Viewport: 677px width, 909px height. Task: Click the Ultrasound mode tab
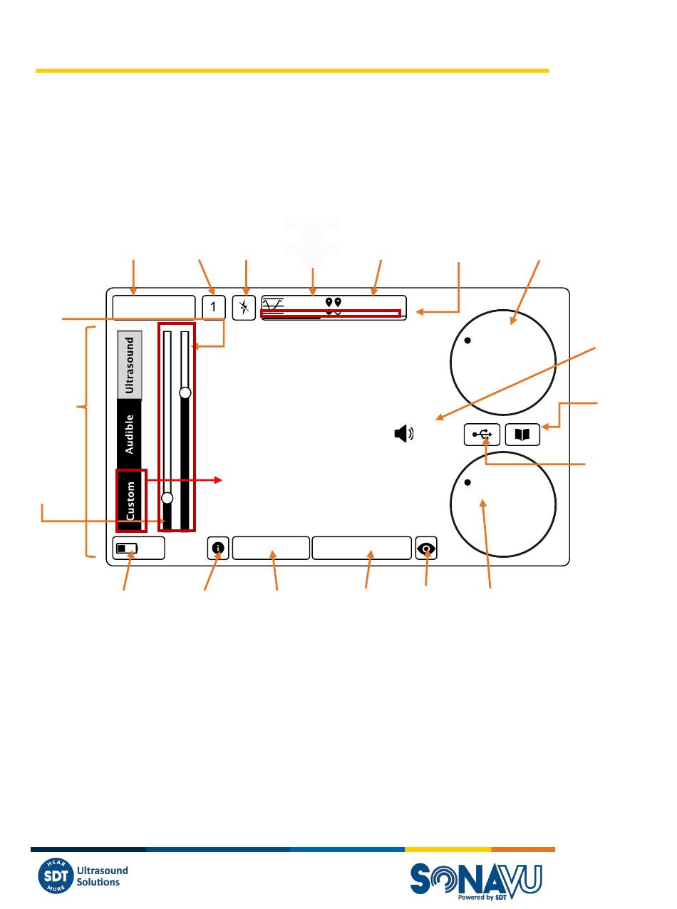coord(130,365)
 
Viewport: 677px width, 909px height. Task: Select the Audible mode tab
coord(130,434)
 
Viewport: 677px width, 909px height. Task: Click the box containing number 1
coord(214,307)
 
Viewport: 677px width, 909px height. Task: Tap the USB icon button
coord(482,434)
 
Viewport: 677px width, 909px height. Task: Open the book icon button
coord(522,434)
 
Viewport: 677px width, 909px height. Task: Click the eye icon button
coord(426,548)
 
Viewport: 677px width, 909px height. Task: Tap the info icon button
coord(218,548)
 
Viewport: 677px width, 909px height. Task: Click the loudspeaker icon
coord(404,434)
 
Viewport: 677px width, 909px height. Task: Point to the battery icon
coord(127,549)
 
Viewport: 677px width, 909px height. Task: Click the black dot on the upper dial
coord(467,340)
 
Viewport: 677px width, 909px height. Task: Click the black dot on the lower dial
coord(467,482)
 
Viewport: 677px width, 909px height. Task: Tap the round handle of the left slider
coord(167,498)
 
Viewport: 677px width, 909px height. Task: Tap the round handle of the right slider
coord(185,393)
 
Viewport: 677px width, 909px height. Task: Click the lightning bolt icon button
coord(244,307)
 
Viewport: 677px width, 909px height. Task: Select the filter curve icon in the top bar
coord(273,306)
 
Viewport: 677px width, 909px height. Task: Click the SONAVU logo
coord(476,881)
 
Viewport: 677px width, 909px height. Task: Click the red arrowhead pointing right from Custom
coord(219,480)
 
